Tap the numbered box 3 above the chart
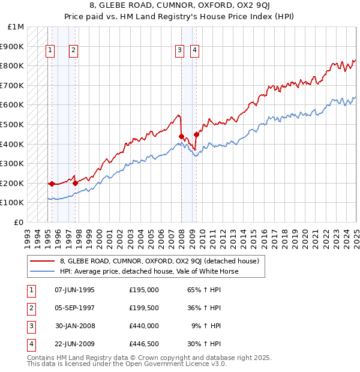179,51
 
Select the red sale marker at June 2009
196,135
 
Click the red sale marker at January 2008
181,136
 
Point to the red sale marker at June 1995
52,184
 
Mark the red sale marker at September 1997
75,183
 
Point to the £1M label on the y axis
16,27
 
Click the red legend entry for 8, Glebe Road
159,261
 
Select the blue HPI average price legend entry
149,271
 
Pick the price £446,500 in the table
144,344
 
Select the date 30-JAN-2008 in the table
74,326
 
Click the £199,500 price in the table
144,308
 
